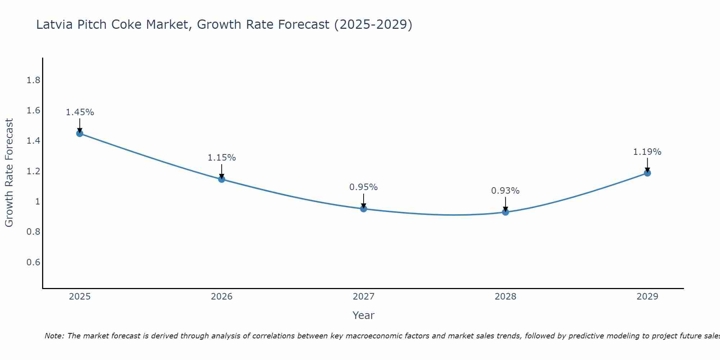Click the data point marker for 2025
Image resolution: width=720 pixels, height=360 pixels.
80,134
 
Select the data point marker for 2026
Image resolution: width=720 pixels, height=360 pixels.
222,179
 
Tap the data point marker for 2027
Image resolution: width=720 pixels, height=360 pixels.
364,209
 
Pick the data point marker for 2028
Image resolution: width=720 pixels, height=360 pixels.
505,212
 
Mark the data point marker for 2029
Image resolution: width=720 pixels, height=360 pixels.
647,173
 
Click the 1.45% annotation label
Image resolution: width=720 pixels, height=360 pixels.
80,112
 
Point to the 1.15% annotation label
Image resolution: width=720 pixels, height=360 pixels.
222,158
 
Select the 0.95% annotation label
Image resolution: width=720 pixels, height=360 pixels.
364,187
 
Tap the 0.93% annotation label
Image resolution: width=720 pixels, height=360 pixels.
505,191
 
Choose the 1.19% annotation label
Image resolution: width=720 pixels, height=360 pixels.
647,152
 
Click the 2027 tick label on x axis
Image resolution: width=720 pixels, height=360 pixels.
364,297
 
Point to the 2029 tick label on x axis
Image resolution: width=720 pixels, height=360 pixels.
647,297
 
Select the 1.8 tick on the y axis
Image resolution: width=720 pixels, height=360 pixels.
33,80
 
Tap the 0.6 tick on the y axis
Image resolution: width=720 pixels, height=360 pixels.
33,262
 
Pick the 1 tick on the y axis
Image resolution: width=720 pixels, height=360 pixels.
37,202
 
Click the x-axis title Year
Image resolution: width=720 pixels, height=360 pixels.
364,315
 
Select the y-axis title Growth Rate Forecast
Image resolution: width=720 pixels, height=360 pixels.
9,173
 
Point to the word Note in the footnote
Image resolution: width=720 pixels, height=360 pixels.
54,336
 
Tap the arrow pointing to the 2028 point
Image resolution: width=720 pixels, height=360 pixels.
505,204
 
